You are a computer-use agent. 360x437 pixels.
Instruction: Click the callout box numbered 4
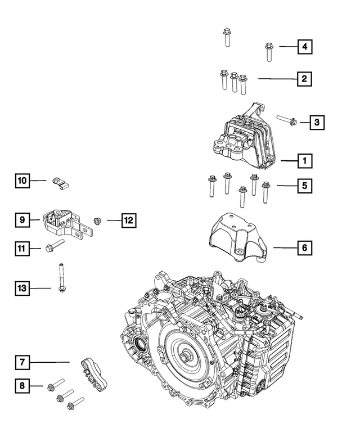(304, 47)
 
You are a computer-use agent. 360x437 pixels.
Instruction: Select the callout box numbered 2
(304, 79)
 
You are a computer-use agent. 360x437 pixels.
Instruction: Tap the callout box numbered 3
(317, 121)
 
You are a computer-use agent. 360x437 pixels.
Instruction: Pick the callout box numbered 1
(304, 161)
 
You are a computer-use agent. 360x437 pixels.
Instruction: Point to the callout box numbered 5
(304, 185)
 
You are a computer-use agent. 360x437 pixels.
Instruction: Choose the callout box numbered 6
(304, 247)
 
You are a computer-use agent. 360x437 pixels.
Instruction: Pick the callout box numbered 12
(128, 220)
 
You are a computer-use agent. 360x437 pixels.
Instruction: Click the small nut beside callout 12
(96, 220)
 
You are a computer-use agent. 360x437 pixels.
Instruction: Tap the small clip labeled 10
(62, 182)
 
